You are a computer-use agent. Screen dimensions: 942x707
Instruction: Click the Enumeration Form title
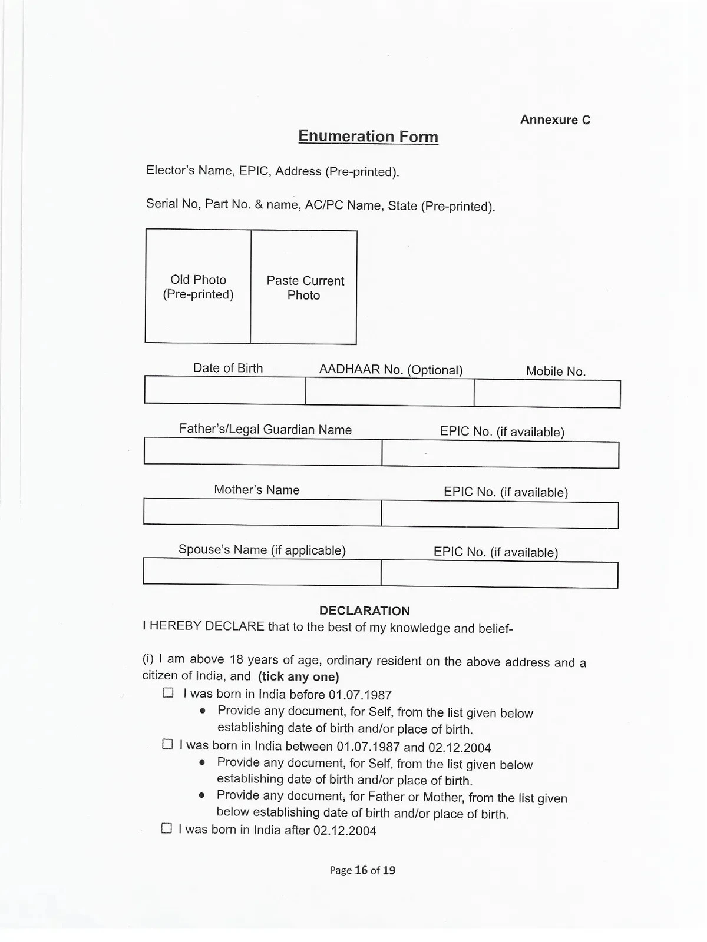click(368, 137)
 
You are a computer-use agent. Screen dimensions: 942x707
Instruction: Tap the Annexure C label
click(555, 120)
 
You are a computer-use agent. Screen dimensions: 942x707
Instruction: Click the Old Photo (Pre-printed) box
click(198, 287)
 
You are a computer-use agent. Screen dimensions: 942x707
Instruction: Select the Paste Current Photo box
click(304, 287)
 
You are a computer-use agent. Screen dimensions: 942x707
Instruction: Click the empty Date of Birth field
click(224, 390)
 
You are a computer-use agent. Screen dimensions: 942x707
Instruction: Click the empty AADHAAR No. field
click(389, 392)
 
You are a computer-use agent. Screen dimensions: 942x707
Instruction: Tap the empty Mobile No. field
click(547, 393)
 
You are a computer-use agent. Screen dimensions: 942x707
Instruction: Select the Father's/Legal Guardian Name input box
click(263, 452)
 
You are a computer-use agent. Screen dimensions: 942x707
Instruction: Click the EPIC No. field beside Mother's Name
click(500, 515)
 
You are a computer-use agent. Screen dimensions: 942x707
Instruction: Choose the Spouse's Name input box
click(262, 572)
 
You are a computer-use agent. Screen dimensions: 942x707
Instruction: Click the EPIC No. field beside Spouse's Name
click(499, 575)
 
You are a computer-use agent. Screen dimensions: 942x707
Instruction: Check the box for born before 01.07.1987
click(168, 692)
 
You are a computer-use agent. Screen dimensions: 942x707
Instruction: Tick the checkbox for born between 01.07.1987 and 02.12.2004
click(167, 744)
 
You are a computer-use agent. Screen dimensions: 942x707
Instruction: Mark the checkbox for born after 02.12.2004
click(167, 828)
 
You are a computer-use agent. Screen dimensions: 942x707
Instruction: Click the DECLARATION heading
click(365, 611)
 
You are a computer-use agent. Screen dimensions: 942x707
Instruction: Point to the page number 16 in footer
click(361, 870)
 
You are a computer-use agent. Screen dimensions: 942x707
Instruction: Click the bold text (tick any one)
click(299, 676)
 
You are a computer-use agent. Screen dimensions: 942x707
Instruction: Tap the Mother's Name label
click(257, 490)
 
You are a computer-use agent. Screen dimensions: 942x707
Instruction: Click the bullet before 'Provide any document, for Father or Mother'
click(202, 795)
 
